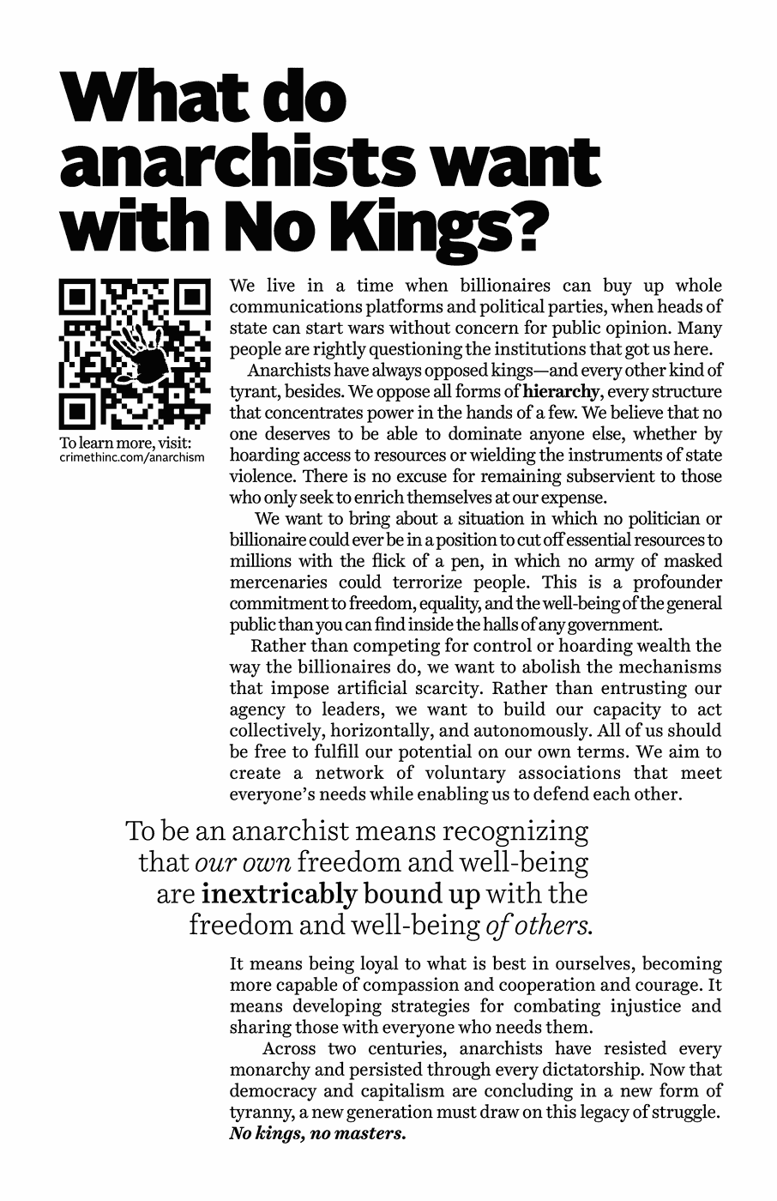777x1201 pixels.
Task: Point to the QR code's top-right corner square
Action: click(x=190, y=298)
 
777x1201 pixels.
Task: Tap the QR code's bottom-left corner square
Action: click(x=78, y=410)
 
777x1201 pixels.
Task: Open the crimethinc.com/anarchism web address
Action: click(x=133, y=457)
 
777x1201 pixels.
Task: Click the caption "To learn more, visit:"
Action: click(x=124, y=444)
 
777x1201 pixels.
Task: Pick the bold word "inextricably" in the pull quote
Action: click(x=280, y=894)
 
